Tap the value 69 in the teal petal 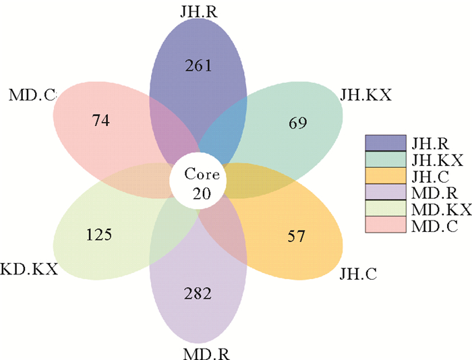(x=297, y=123)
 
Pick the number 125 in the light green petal (x=99, y=235)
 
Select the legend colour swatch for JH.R (x=385, y=143)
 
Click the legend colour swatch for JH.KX (x=385, y=160)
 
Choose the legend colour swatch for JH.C (x=385, y=176)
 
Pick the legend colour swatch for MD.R (x=385, y=193)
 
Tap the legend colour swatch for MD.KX (x=385, y=209)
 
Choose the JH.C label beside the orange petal (x=357, y=273)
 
